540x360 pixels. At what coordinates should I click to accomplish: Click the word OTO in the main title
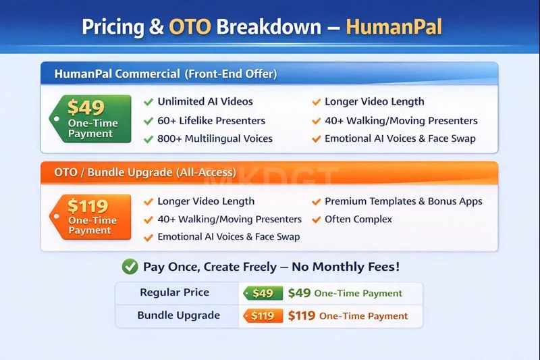click(190, 27)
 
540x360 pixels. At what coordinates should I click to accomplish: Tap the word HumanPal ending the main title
click(394, 27)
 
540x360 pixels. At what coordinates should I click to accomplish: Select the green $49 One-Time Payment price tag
click(91, 118)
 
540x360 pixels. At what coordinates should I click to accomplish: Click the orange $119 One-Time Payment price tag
click(91, 217)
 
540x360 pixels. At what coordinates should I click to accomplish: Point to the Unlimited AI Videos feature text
click(205, 102)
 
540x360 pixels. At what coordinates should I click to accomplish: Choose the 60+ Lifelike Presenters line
click(211, 121)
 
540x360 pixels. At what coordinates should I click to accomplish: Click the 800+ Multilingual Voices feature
click(215, 139)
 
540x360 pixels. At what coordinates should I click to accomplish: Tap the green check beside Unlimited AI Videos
click(148, 102)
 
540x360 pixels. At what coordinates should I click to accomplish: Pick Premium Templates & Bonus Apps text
click(404, 201)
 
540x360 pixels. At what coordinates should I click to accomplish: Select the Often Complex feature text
click(358, 220)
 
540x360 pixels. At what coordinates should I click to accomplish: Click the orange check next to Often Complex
click(316, 220)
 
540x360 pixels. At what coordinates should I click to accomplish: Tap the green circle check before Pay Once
click(130, 267)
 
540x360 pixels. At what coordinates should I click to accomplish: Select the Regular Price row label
click(175, 292)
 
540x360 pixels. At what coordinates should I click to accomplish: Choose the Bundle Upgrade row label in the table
click(179, 315)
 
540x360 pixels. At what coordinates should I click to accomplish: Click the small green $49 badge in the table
click(262, 293)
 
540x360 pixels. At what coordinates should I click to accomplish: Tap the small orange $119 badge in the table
click(262, 315)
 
